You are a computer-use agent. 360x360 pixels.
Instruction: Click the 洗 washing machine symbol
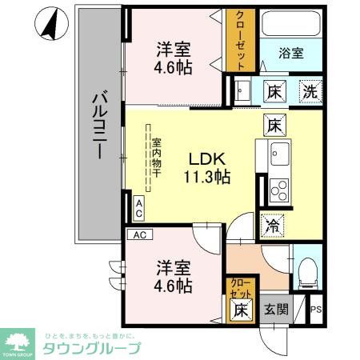(309, 90)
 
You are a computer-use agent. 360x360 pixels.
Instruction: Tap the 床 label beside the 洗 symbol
(274, 90)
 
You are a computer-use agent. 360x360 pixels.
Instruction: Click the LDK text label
(206, 158)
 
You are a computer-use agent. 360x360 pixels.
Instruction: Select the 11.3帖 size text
(209, 177)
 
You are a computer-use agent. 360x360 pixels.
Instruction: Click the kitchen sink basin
(280, 152)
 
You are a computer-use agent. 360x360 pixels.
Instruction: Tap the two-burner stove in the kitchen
(280, 190)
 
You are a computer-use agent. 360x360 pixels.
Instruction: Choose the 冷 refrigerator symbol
(274, 227)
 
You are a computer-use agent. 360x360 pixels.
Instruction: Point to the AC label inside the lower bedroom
(139, 235)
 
